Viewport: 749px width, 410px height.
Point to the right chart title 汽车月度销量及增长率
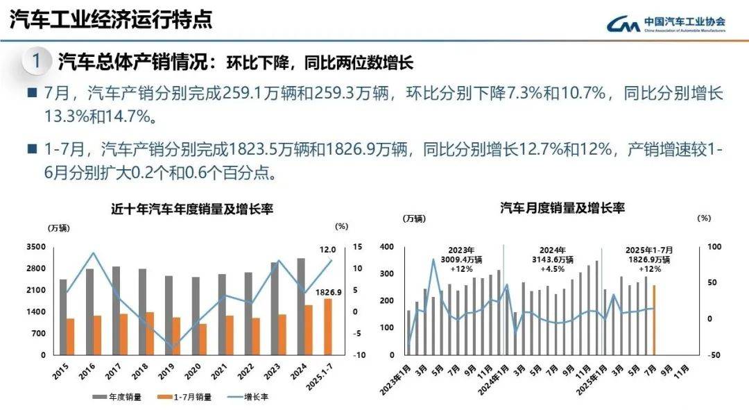(x=562, y=207)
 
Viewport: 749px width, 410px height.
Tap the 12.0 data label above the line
(x=328, y=249)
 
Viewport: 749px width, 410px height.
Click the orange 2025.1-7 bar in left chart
(x=327, y=327)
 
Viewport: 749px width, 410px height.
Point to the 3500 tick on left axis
(x=36, y=247)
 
